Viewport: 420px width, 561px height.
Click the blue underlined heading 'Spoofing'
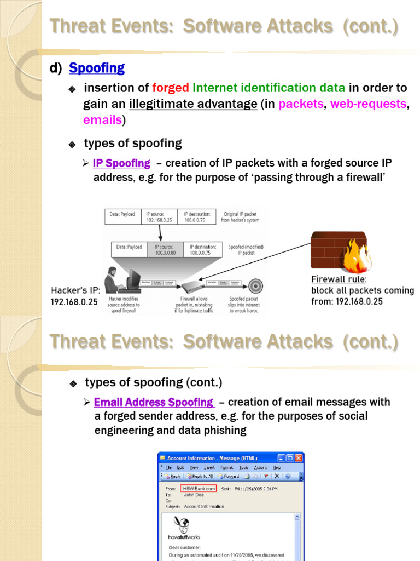[97, 68]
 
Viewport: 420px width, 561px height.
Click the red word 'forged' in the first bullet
[171, 88]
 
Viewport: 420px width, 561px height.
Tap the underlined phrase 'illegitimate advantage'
[193, 104]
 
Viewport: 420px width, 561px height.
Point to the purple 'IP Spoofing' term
[121, 163]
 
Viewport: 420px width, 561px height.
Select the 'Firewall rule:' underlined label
[339, 279]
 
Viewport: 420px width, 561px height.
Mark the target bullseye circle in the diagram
[255, 285]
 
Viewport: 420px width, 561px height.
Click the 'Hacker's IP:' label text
[75, 290]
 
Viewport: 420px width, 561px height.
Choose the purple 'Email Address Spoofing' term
[154, 402]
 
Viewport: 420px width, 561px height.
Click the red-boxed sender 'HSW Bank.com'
[199, 488]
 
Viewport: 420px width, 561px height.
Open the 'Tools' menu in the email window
[243, 467]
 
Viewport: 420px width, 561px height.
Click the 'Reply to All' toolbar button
[202, 477]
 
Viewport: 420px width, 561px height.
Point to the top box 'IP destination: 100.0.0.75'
[199, 217]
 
